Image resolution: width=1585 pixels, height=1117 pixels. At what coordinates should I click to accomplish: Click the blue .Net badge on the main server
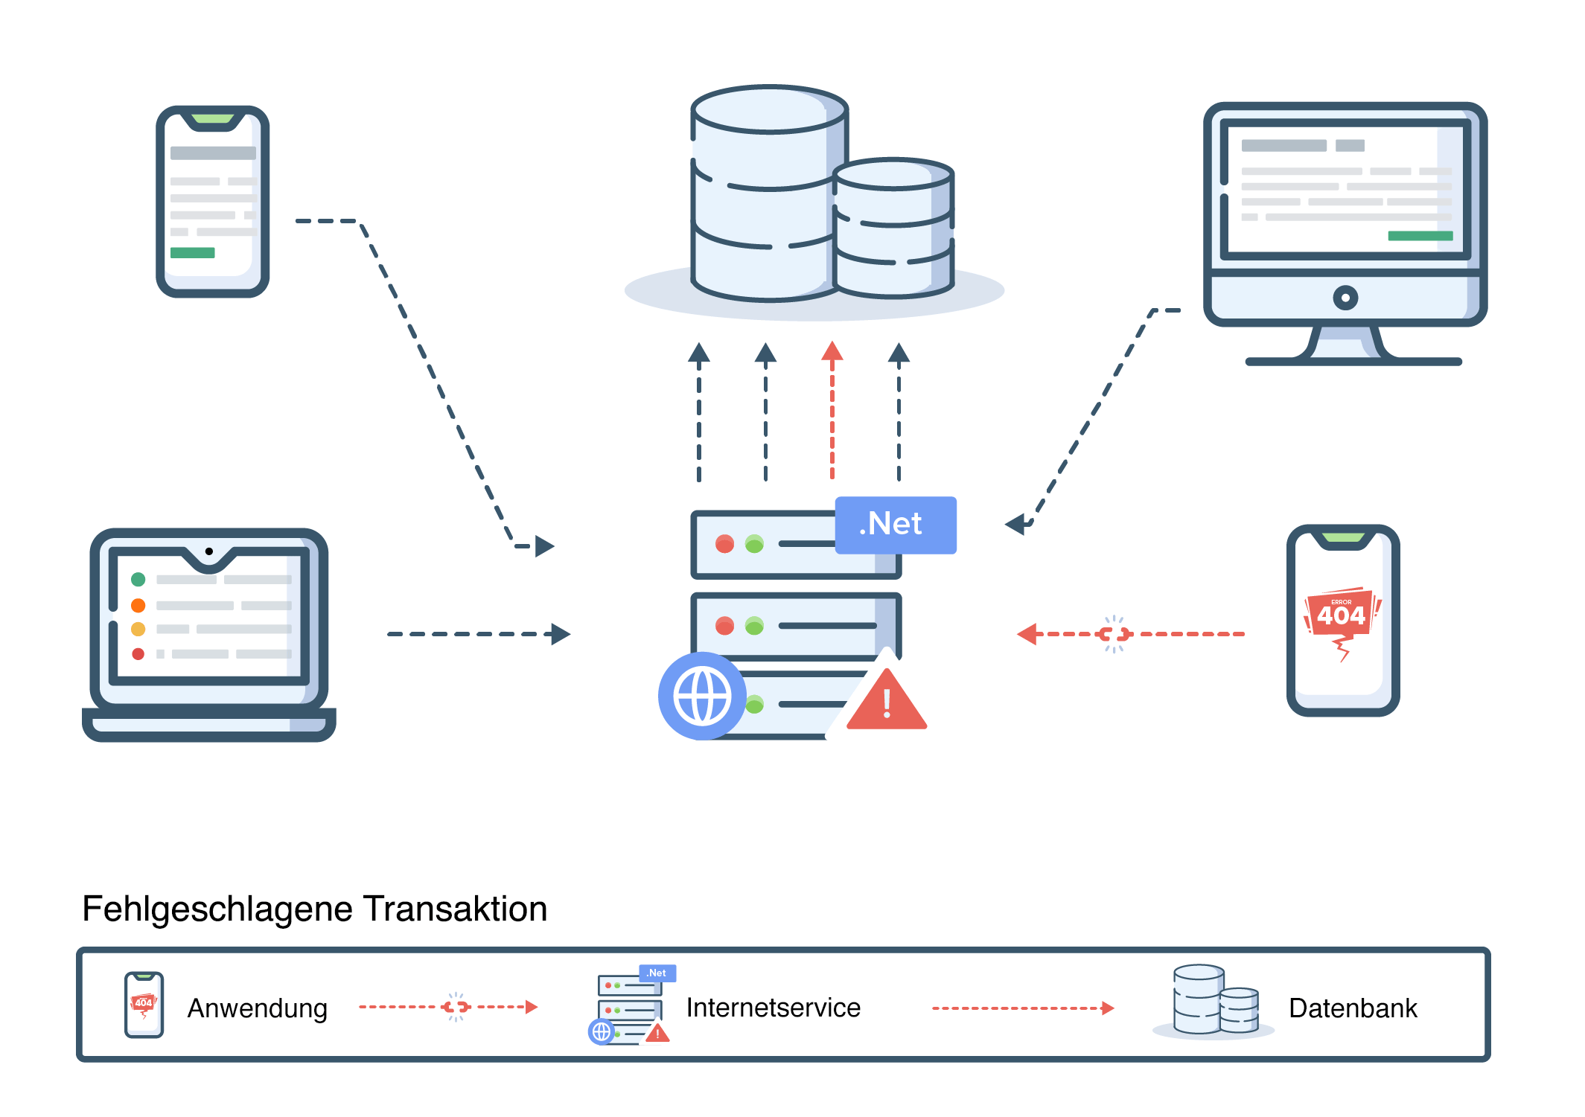pos(895,525)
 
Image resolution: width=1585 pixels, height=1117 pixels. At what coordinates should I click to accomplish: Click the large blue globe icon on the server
pos(701,697)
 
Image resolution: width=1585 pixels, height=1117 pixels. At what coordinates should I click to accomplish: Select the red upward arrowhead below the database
pos(832,352)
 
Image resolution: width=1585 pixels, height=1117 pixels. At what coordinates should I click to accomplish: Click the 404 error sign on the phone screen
pos(1341,615)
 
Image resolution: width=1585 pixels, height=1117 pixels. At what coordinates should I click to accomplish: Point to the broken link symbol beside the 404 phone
pos(1114,634)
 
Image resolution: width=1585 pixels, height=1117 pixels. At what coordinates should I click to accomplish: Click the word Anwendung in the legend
pos(257,1008)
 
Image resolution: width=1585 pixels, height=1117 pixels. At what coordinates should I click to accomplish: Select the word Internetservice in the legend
pos(773,1008)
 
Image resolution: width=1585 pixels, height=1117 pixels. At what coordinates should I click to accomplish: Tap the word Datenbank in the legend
pos(1352,1008)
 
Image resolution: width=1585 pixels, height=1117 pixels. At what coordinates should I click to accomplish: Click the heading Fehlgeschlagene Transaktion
pos(314,909)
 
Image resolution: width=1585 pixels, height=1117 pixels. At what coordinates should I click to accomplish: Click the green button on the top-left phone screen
pos(192,253)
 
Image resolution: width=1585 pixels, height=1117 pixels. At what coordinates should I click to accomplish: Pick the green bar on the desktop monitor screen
pos(1420,236)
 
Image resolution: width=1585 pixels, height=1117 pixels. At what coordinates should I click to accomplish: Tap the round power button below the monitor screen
pos(1345,298)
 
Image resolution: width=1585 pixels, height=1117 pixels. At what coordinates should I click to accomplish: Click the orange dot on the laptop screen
pos(138,605)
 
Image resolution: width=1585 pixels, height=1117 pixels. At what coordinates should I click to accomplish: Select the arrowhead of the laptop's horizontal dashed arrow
pos(561,634)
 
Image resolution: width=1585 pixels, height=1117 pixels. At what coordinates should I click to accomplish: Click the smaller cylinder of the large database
pos(893,227)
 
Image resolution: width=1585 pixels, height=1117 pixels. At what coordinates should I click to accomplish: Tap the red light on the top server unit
pos(724,544)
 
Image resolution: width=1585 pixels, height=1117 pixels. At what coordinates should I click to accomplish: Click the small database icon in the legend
pos(1214,1001)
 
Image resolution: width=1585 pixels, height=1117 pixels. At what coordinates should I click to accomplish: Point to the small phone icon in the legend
pos(144,1005)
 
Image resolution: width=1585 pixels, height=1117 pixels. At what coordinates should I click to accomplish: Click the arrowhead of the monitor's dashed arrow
pos(1015,525)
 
